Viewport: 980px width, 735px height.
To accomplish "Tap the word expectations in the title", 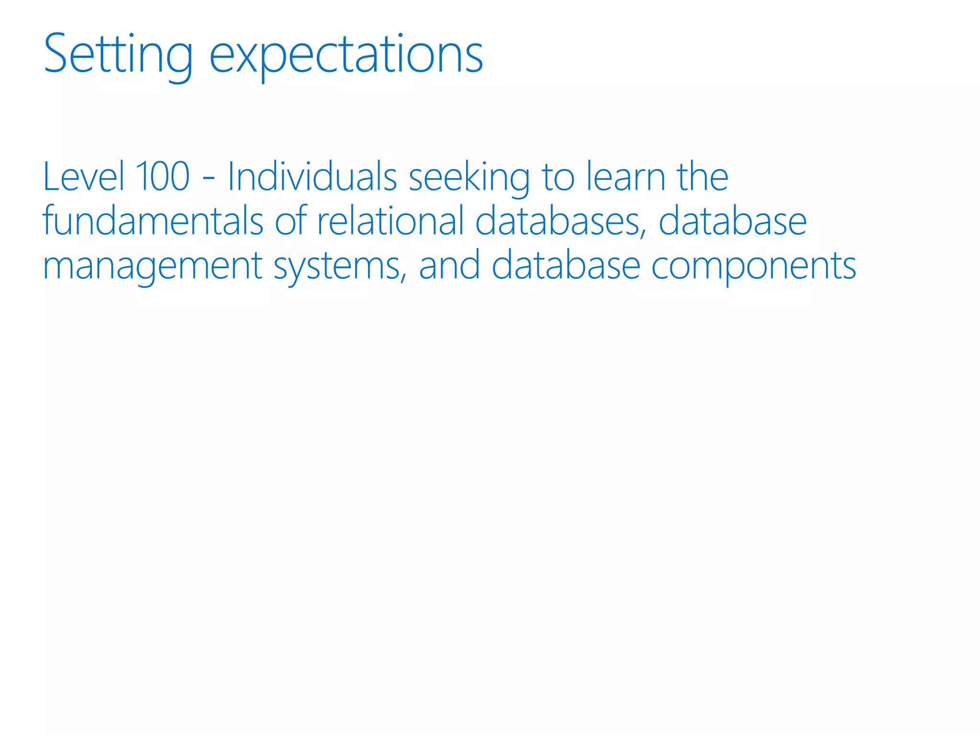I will coord(346,56).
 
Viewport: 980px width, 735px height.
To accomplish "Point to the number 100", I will coord(163,176).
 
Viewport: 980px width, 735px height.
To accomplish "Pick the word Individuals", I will coord(312,176).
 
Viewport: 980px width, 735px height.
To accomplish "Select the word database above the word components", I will coord(733,221).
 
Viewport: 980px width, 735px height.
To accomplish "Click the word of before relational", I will coord(290,221).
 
